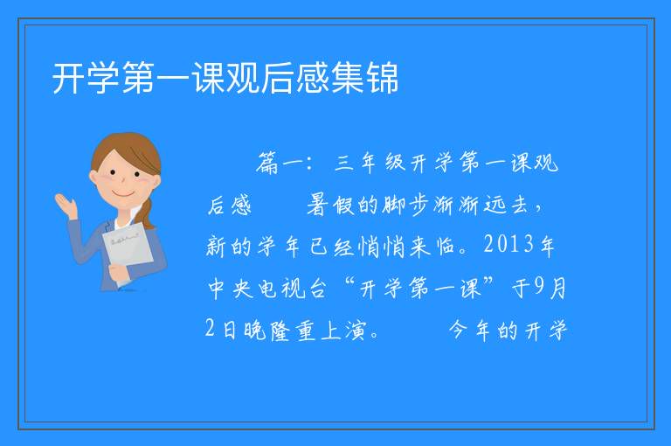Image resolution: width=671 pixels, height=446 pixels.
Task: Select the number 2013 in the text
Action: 508,245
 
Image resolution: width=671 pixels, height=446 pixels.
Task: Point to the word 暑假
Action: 331,205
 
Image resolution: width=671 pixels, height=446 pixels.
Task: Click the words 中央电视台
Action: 267,288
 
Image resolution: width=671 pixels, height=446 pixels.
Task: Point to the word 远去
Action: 506,205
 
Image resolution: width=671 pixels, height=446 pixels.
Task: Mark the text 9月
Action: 551,288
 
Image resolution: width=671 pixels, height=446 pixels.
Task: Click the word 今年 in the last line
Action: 469,331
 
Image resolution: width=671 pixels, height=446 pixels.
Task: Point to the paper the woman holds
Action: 128,248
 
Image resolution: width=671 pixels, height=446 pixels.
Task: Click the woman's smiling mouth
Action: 123,194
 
